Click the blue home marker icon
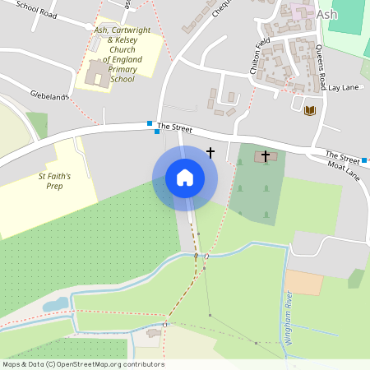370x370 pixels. (185, 178)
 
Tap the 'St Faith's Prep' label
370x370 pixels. (55, 181)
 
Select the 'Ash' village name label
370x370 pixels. (326, 13)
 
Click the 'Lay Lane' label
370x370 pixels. (345, 86)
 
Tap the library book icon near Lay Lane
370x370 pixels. (310, 110)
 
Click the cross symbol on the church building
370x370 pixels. (266, 155)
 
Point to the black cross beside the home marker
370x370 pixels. (210, 152)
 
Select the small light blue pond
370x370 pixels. (56, 305)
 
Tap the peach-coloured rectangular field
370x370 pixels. (304, 282)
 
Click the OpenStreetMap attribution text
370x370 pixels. (84, 364)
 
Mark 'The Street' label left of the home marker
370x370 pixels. (173, 126)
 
